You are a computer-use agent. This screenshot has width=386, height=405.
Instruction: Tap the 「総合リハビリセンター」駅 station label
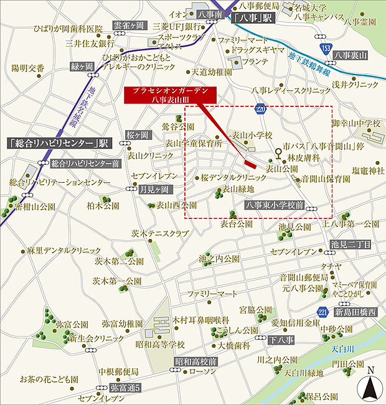pyautogui.click(x=59, y=142)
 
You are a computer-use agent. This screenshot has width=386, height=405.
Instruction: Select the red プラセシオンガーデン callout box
pyautogui.click(x=174, y=95)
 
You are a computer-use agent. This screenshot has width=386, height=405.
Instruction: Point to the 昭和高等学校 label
pyautogui.click(x=161, y=343)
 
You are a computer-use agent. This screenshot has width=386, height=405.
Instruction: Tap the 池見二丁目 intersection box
pyautogui.click(x=351, y=244)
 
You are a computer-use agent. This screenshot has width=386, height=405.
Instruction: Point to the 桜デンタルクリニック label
pyautogui.click(x=233, y=177)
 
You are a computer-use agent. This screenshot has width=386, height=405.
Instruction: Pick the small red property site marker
pyautogui.click(x=250, y=164)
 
